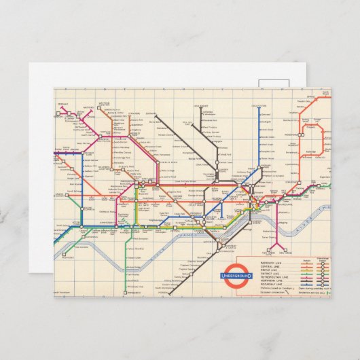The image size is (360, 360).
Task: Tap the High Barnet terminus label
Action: [x=219, y=107]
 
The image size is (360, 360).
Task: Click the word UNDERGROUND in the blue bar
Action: [x=236, y=276]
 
